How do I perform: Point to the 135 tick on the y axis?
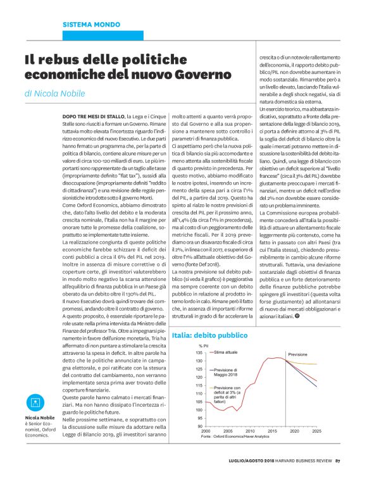(199, 352)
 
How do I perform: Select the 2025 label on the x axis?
(316, 430)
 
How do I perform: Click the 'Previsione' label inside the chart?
(297, 354)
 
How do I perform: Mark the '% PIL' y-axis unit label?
(204, 345)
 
